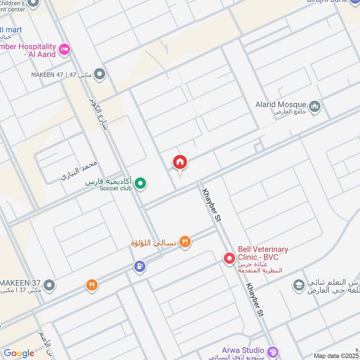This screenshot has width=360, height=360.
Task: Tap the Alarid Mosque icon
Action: click(x=315, y=106)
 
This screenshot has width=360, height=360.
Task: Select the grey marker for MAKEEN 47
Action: click(x=100, y=74)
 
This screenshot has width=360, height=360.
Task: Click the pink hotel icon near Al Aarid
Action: click(x=64, y=49)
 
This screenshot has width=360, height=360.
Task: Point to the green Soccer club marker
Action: click(x=141, y=183)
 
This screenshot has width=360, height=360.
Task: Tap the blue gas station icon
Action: click(x=140, y=267)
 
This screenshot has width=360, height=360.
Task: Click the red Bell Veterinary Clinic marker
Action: click(x=230, y=258)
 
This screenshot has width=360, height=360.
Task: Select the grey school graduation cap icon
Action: click(x=298, y=285)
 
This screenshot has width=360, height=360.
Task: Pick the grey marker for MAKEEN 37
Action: click(x=49, y=285)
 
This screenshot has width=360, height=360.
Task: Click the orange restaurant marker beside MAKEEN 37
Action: click(x=92, y=285)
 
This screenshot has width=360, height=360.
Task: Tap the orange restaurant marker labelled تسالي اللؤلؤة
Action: click(x=185, y=243)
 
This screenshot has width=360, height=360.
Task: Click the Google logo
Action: click(x=18, y=353)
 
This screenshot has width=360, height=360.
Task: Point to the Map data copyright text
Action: click(x=337, y=355)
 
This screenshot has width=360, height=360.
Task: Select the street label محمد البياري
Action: click(x=79, y=171)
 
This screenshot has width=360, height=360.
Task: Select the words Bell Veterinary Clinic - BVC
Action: click(x=263, y=253)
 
